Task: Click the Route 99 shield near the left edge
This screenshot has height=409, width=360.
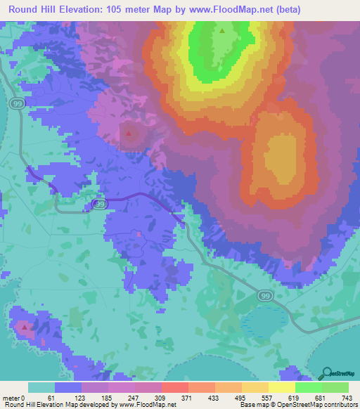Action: [16, 103]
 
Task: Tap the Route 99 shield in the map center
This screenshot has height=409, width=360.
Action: [100, 204]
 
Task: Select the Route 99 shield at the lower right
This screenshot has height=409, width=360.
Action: [264, 297]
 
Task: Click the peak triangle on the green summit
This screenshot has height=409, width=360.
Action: [222, 31]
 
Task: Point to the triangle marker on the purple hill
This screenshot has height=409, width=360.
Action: [129, 131]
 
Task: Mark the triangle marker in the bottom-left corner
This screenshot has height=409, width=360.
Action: [25, 327]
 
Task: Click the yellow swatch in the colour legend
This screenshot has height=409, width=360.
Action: [282, 387]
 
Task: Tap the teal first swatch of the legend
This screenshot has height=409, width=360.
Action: [41, 387]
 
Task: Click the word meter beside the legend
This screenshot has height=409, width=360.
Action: [11, 398]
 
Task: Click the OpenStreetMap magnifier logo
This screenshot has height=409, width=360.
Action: [327, 373]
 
